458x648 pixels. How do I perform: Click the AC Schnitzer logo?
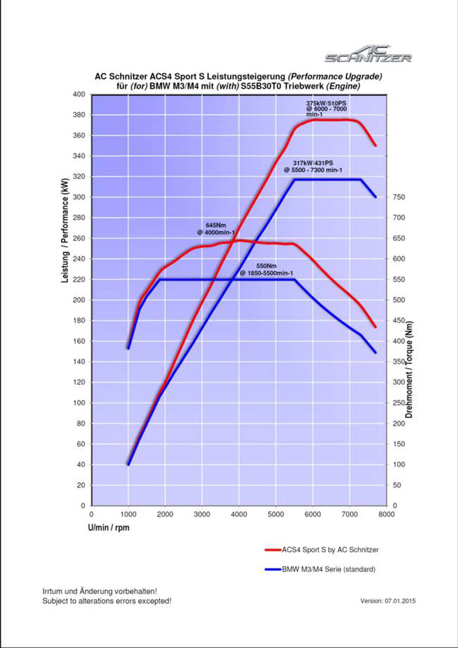coord(368,54)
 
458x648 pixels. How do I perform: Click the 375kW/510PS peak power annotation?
coord(326,109)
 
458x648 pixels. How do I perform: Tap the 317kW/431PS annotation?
coord(313,166)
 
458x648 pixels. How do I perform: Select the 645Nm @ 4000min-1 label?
coord(216,229)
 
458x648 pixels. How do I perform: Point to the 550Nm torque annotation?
coord(266,269)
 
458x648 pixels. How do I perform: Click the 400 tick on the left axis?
coord(79,94)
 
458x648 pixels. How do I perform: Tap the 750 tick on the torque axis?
coord(399,197)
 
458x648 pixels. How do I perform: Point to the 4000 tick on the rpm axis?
coord(239,514)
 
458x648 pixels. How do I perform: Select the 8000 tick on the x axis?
coord(386,514)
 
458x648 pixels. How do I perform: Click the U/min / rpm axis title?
coord(109,528)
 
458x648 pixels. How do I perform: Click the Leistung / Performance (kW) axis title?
coord(65,231)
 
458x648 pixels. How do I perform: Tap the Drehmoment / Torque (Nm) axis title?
coord(409,369)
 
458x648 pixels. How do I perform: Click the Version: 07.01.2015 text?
coord(388,601)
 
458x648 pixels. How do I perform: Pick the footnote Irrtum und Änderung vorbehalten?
coord(100,591)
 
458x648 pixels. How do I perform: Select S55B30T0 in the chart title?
coord(261,86)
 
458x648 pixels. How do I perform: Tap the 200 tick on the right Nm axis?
coord(399,423)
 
